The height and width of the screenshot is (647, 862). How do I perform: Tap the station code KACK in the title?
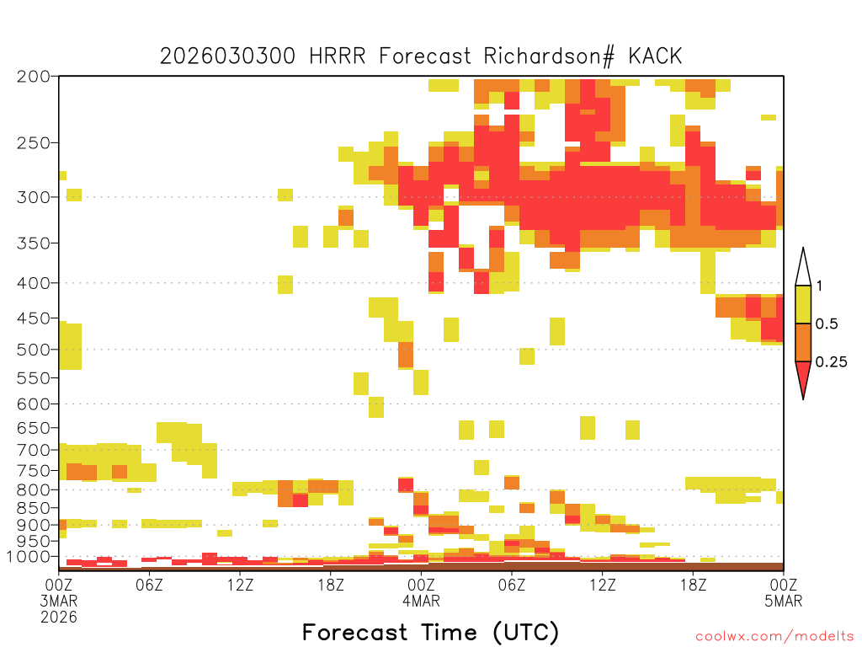pyautogui.click(x=655, y=56)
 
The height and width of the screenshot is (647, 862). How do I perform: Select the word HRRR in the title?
pyautogui.click(x=337, y=56)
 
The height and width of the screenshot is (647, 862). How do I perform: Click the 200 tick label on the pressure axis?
pyautogui.click(x=33, y=77)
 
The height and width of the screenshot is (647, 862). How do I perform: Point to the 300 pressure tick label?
pyautogui.click(x=33, y=197)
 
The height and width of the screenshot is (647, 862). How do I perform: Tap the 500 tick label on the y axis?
pyautogui.click(x=33, y=350)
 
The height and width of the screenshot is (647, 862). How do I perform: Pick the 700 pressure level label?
pyautogui.click(x=33, y=450)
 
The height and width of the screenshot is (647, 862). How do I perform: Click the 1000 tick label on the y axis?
pyautogui.click(x=29, y=557)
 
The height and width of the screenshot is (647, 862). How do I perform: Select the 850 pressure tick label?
pyautogui.click(x=33, y=508)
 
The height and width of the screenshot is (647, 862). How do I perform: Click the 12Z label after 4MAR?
pyautogui.click(x=603, y=585)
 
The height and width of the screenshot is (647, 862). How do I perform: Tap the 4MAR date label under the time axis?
pyautogui.click(x=421, y=601)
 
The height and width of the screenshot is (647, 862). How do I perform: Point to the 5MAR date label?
pyautogui.click(x=784, y=601)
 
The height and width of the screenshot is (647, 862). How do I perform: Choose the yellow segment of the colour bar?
pyautogui.click(x=803, y=304)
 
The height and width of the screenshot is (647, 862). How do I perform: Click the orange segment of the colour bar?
pyautogui.click(x=803, y=342)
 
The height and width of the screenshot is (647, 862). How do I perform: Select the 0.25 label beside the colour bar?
pyautogui.click(x=831, y=362)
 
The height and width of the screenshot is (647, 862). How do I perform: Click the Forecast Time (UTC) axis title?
pyautogui.click(x=430, y=633)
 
